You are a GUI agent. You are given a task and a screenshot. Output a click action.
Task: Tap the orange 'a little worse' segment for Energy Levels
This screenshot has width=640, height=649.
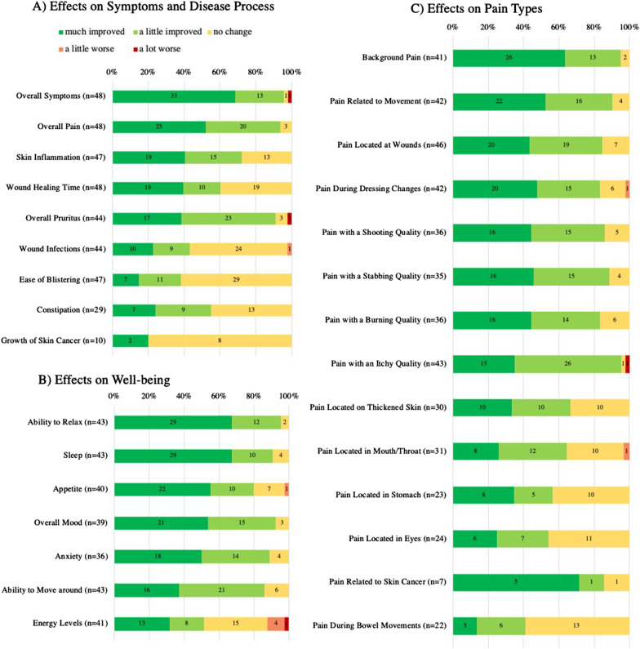(x=275, y=623)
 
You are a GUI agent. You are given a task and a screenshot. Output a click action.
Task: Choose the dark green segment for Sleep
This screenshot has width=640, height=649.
(x=172, y=454)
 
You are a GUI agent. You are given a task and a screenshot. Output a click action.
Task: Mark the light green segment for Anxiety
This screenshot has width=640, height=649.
(x=235, y=555)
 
